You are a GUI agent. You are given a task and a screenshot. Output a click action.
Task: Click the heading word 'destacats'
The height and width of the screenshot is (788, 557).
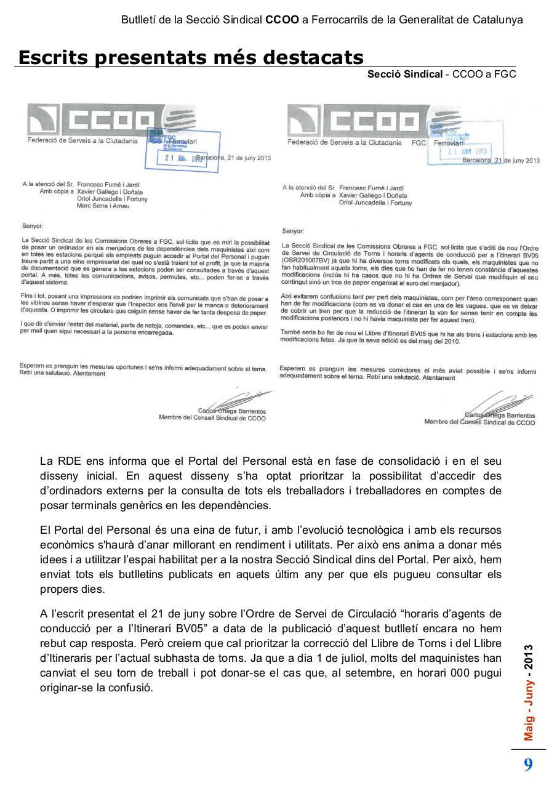313,57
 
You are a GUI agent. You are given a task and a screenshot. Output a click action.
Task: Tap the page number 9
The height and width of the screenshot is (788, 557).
528,765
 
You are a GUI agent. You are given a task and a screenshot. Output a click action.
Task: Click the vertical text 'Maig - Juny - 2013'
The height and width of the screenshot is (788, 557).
529,693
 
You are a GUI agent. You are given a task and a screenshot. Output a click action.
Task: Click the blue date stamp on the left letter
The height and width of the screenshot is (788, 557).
182,150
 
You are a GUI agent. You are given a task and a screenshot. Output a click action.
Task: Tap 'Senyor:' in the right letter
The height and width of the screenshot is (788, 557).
292,231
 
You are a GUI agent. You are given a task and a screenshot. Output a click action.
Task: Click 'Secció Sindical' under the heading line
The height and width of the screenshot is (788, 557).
404,74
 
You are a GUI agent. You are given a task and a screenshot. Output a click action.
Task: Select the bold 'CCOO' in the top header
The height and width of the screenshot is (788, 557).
282,20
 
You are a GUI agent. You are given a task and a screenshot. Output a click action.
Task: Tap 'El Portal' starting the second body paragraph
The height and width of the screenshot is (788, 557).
60,530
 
